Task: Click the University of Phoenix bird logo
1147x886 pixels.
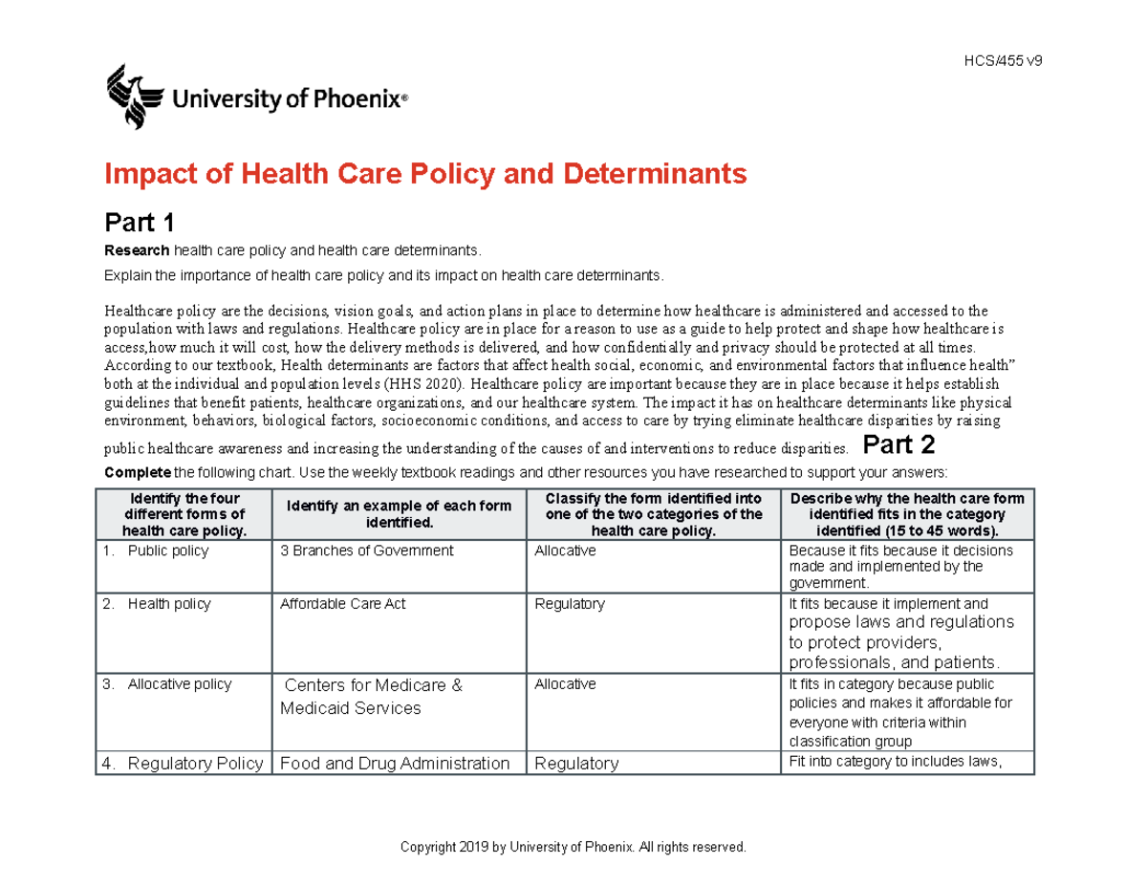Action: (131, 95)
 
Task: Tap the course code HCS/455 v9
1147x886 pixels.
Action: (1004, 60)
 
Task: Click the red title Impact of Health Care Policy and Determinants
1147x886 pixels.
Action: (423, 175)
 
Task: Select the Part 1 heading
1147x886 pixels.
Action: (139, 224)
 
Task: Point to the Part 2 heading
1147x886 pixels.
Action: (898, 445)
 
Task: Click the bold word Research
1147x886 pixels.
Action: (137, 250)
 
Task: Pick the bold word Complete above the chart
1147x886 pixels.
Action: (137, 472)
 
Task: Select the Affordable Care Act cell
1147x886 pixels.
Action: (342, 604)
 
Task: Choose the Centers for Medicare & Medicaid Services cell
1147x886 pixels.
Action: (373, 697)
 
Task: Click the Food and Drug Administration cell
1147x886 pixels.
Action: (395, 763)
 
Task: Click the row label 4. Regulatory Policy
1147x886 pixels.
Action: (183, 763)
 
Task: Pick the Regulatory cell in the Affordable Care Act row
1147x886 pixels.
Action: (569, 604)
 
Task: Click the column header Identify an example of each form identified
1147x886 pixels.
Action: (396, 514)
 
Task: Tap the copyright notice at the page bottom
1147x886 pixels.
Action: (573, 848)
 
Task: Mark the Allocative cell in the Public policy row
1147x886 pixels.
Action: (565, 551)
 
